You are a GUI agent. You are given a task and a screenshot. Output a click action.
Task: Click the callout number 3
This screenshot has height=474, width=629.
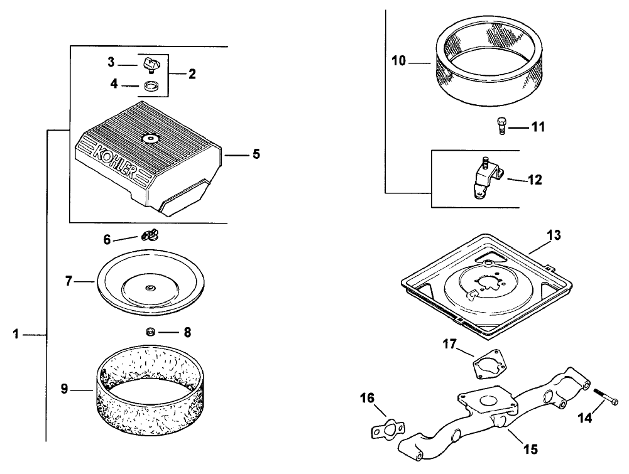111,62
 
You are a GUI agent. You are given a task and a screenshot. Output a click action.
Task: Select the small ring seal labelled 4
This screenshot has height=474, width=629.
151,86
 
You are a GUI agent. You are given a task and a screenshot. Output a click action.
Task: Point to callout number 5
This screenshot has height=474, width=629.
256,153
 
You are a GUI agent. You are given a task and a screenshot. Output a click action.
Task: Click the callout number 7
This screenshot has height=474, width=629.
70,281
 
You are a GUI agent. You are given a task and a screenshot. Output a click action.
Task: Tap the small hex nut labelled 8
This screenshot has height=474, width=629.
151,331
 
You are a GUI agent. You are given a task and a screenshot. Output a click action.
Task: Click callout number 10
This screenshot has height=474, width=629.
398,62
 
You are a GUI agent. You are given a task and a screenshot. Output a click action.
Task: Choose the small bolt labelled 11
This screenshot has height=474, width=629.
501,126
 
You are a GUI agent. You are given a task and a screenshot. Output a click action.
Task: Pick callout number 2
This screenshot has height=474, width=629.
192,73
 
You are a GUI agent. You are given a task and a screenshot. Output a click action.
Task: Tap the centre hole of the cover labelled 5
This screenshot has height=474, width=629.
151,139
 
